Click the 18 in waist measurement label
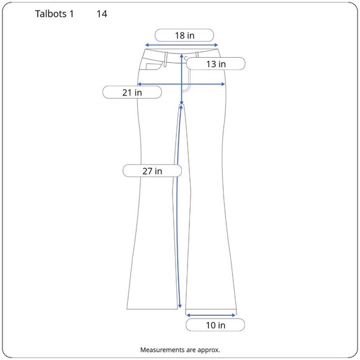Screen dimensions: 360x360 [x=184, y=35]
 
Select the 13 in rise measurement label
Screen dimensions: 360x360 [x=215, y=63]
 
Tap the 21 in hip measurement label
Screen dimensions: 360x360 [x=132, y=92]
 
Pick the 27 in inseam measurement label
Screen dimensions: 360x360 [x=152, y=171]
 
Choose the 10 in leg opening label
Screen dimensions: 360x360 [x=215, y=325]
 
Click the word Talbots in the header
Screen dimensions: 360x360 [x=51, y=14]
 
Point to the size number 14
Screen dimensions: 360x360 [x=102, y=14]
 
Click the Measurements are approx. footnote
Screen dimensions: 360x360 [x=180, y=350]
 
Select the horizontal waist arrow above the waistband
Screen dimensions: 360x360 [x=181, y=45]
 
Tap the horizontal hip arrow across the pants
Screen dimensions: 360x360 [x=181, y=84]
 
